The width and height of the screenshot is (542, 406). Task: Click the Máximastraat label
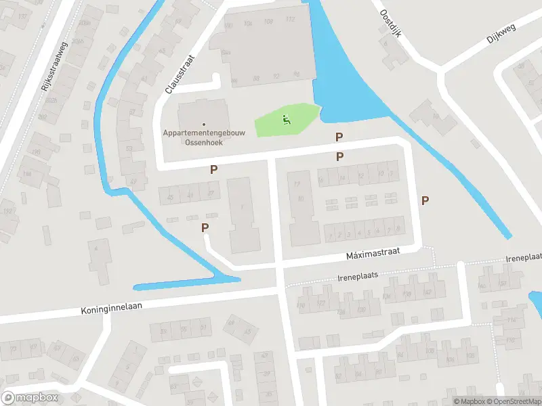tap(374, 252)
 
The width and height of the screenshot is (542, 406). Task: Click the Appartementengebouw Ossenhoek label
tap(203, 137)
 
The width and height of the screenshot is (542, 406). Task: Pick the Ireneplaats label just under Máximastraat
tap(357, 277)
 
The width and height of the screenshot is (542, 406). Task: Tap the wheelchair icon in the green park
tap(286, 120)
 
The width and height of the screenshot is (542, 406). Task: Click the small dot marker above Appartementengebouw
tap(203, 124)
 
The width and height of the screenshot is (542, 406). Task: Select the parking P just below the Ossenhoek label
tap(214, 170)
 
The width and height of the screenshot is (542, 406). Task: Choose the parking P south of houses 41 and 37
tap(205, 228)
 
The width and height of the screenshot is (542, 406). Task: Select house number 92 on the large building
tap(276, 76)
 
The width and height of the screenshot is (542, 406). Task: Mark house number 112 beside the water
tap(290, 19)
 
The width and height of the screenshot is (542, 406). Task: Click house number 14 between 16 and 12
tap(342, 178)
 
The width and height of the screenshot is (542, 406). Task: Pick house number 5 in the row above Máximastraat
tap(367, 233)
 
